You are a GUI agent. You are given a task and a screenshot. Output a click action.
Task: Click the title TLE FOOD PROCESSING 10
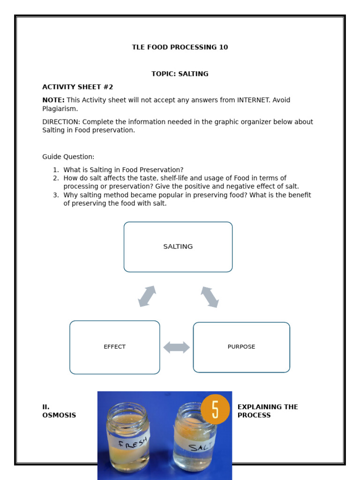pos(180,47)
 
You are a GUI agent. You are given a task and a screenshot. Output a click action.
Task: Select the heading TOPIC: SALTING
pos(180,74)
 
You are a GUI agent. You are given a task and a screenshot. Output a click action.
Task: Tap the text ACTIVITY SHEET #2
pos(78,87)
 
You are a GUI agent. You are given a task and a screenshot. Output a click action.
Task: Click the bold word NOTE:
pos(53,100)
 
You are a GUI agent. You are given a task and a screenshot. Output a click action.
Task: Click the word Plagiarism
pos(60,109)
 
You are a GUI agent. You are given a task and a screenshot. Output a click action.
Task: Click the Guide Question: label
pos(68,157)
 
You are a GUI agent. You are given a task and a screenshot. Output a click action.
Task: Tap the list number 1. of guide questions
pos(56,170)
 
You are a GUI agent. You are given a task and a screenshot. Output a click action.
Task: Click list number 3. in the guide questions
pos(56,195)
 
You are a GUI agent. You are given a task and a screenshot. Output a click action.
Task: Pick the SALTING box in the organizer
pos(178,247)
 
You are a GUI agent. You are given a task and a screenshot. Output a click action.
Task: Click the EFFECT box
pos(115,347)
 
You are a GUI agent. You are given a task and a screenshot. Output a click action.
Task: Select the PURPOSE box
pos(241,347)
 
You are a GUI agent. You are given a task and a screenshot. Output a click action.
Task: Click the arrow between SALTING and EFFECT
pos(147,296)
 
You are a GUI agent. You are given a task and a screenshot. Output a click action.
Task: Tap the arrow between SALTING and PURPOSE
pos(210,297)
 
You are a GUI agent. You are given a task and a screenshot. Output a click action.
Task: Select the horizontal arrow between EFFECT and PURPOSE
pos(177,347)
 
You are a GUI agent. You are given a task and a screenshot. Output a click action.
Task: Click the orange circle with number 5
pos(215,409)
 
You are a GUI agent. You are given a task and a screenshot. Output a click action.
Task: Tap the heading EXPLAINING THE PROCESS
pos(268,411)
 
